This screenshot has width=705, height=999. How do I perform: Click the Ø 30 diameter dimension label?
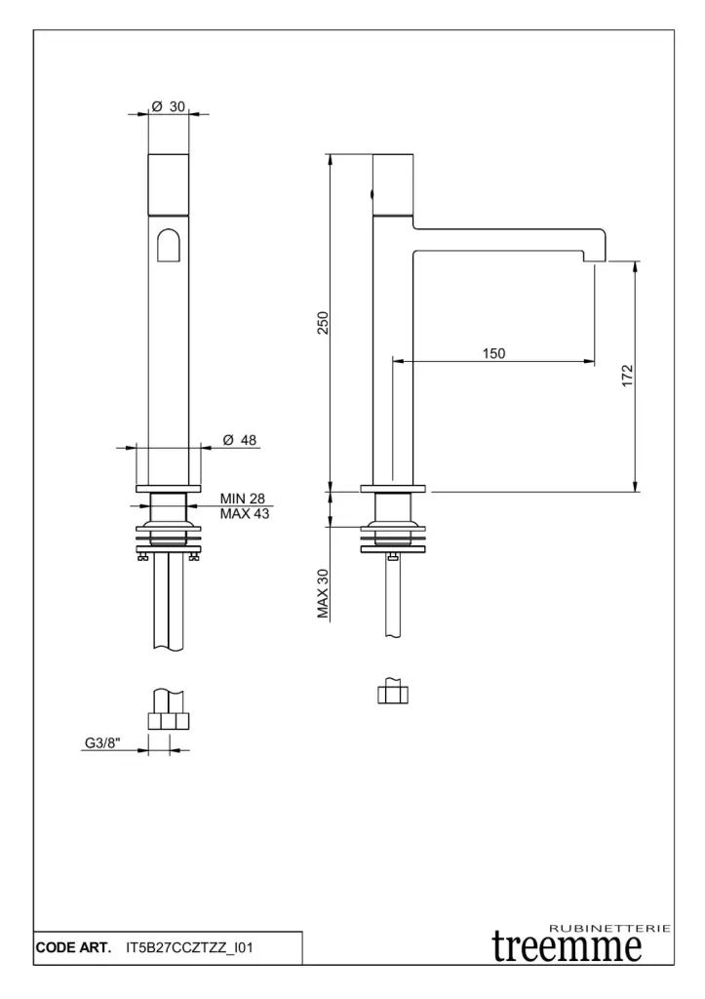(168, 106)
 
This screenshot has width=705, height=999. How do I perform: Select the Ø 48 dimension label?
(240, 440)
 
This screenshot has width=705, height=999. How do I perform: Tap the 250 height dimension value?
(323, 323)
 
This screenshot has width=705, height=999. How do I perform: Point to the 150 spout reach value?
(493, 353)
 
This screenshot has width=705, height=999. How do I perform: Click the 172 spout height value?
(627, 376)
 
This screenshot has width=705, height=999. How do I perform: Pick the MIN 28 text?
(243, 499)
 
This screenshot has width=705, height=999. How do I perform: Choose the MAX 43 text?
(245, 513)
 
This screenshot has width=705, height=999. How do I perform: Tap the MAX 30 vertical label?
(323, 593)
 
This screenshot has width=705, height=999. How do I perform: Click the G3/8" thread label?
(102, 742)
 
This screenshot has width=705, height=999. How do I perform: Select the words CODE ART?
(73, 947)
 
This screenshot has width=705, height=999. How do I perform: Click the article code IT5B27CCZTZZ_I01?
(189, 947)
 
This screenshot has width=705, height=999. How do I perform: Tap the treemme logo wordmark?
(567, 947)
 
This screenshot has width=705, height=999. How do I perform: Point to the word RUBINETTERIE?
(609, 929)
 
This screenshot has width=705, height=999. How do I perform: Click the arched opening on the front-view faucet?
(168, 245)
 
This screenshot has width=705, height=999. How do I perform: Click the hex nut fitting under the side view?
(393, 695)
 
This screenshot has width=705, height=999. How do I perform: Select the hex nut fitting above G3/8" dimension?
(169, 721)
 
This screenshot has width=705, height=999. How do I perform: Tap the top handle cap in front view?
(168, 184)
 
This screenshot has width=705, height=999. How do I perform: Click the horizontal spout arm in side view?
(508, 240)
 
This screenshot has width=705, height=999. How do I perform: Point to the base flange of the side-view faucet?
(393, 489)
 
